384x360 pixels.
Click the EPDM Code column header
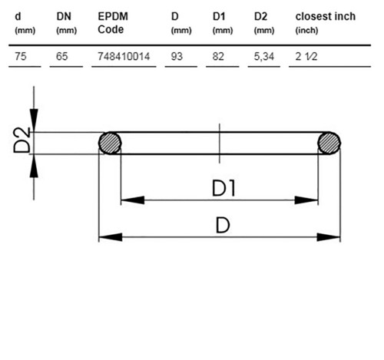click(x=113, y=23)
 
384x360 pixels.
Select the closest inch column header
click(x=326, y=23)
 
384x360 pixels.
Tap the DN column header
click(x=66, y=23)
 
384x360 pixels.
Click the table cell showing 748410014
click(x=124, y=56)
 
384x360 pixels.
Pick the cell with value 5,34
click(x=264, y=57)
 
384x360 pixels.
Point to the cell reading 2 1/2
click(x=306, y=56)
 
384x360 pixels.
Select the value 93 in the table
click(x=177, y=56)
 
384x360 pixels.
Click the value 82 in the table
click(x=218, y=56)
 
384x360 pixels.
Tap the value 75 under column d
click(x=21, y=56)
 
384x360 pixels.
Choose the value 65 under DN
click(x=62, y=56)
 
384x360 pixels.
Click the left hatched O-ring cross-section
click(x=110, y=143)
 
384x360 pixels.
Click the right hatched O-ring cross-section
click(x=329, y=143)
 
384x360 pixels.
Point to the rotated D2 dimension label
click(x=22, y=140)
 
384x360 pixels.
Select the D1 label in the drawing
click(x=223, y=188)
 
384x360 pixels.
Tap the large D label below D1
click(x=223, y=225)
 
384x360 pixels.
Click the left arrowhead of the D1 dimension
click(x=133, y=200)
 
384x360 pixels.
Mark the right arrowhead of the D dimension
click(x=329, y=237)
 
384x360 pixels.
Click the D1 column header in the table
click(x=223, y=23)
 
